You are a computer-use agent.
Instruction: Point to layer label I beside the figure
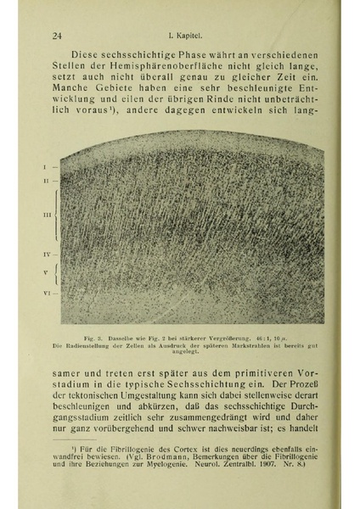(46, 167)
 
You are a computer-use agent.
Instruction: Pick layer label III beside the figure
(46, 216)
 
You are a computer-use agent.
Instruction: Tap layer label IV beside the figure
(46, 255)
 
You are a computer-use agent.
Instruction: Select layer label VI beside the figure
(46, 293)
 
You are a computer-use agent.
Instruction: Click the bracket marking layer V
(56, 272)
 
